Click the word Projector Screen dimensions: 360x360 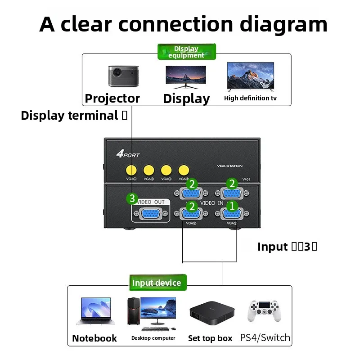coord(112,99)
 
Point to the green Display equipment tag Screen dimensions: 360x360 coord(186,52)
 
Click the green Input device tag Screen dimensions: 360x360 coord(157,283)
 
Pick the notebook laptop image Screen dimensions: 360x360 coord(95,310)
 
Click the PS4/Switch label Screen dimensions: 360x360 coord(265,337)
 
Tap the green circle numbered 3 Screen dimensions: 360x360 coord(131,198)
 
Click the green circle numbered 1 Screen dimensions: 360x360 coord(232,206)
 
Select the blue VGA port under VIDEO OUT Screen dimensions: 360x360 coord(151,214)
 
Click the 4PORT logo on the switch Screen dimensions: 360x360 coord(128,155)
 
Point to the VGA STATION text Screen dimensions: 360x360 coord(229,166)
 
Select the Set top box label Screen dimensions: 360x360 coord(210,338)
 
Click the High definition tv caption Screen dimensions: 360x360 coord(251,98)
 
